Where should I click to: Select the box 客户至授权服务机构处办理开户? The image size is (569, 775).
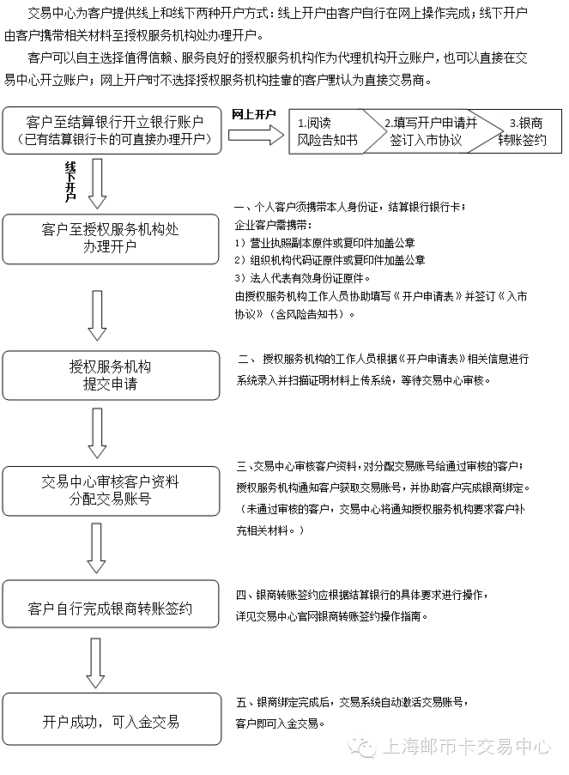112,239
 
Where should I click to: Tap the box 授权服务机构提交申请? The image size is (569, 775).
112,375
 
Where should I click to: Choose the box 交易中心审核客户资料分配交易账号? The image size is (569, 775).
112,490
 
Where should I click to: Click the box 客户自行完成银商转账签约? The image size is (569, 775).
112,608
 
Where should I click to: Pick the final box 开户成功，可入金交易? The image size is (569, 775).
112,722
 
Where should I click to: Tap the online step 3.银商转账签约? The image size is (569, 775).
522,131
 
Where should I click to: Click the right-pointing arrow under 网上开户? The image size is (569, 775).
257,134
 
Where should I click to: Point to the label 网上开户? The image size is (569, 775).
254,114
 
